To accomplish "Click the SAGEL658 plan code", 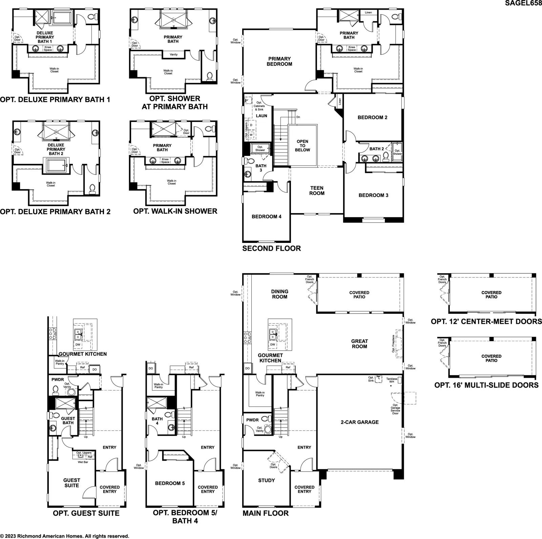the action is [x=523, y=3].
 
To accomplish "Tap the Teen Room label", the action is [x=317, y=191].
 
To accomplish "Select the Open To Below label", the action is [x=303, y=146].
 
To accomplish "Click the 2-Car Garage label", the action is [x=360, y=422].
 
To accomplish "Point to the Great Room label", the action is [x=359, y=344].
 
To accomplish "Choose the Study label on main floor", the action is [x=267, y=480].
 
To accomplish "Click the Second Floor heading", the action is [x=272, y=248].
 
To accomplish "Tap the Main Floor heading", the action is [x=266, y=513].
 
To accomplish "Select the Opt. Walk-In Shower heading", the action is [x=175, y=211].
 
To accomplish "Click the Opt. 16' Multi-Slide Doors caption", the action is [x=486, y=385].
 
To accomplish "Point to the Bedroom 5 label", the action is [x=170, y=483].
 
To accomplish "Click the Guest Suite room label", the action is [x=72, y=483].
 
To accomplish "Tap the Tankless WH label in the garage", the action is [x=392, y=380].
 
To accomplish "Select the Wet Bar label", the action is [x=83, y=462].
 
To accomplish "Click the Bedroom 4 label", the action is [x=267, y=216].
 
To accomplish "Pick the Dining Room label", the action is [x=280, y=294].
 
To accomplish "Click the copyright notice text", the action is [x=65, y=536].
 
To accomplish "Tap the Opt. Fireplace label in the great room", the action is [x=394, y=344].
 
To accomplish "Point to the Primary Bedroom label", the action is [x=279, y=61].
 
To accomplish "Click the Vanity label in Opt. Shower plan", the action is [x=173, y=55].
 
